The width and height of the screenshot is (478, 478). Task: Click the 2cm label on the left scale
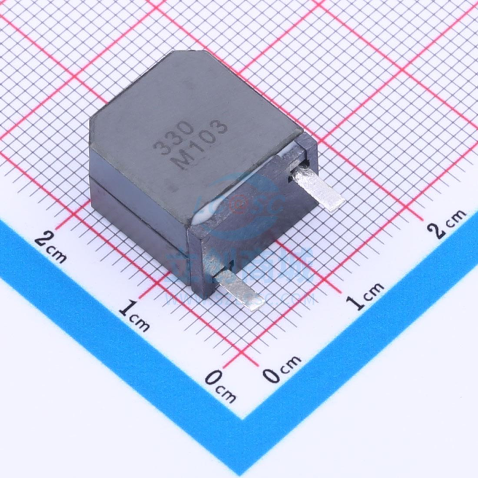(x=51, y=245)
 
